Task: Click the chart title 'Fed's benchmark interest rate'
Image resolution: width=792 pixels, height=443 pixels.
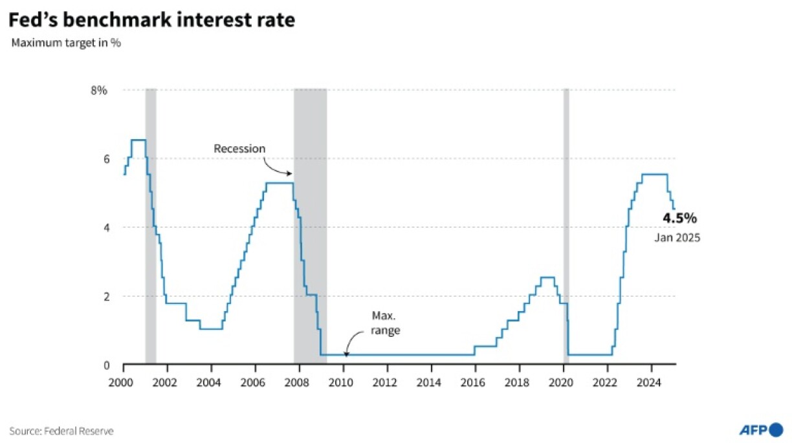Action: pyautogui.click(x=152, y=21)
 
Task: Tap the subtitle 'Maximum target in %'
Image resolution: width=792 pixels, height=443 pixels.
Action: pyautogui.click(x=66, y=44)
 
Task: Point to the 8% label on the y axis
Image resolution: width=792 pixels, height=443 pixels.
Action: pyautogui.click(x=98, y=90)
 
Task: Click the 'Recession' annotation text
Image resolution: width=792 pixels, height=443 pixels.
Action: pyautogui.click(x=239, y=149)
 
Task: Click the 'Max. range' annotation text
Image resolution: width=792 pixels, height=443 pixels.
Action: pyautogui.click(x=386, y=323)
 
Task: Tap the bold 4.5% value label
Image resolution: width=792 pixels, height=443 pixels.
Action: pyautogui.click(x=679, y=218)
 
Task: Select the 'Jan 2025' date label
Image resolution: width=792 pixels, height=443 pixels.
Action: pyautogui.click(x=677, y=238)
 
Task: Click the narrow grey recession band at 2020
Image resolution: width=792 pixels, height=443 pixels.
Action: pyautogui.click(x=566, y=226)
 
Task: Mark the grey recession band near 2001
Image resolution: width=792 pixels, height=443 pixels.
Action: pyautogui.click(x=151, y=226)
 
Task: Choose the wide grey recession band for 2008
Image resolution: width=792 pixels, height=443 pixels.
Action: pyautogui.click(x=310, y=226)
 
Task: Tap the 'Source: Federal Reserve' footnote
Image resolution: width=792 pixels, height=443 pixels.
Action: pyautogui.click(x=61, y=431)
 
